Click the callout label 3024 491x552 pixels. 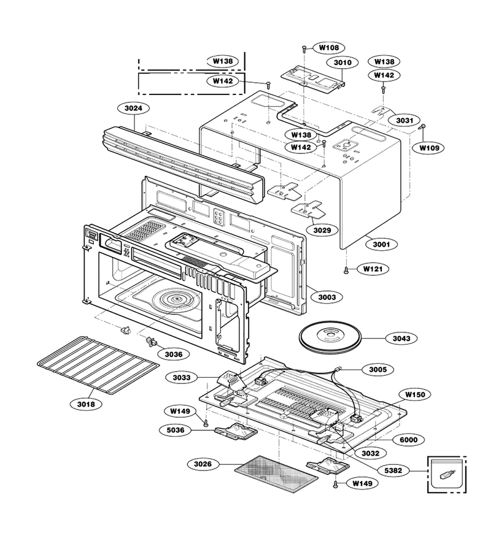click(134, 108)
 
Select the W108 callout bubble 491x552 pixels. click(330, 47)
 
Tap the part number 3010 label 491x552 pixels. click(342, 63)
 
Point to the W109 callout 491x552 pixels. click(430, 148)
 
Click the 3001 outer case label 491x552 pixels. click(382, 244)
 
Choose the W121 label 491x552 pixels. click(373, 269)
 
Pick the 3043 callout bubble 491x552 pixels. click(401, 339)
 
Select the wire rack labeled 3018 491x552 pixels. click(98, 366)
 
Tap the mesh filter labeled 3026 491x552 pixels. click(277, 474)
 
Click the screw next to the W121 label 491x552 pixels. click(346, 270)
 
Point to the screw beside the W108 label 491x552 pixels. click(304, 48)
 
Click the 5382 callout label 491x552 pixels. click(393, 470)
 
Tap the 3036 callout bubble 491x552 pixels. click(174, 354)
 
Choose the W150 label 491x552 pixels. click(416, 394)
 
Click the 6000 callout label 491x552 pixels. click(409, 440)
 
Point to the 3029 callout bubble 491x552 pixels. click(322, 230)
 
